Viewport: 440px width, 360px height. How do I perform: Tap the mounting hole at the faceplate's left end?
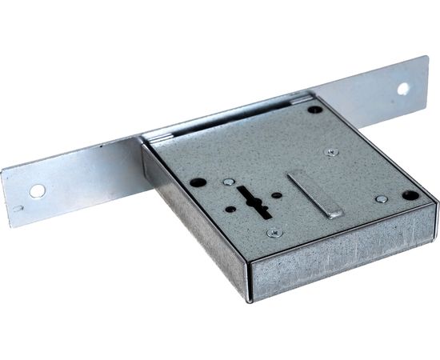coord(38,190)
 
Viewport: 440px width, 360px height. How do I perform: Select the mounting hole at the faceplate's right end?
coord(402,88)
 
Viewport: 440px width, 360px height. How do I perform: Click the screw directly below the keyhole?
coord(274,232)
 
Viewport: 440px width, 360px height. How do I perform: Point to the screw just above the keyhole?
coord(230,182)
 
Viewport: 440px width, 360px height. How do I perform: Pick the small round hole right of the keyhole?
coord(276,194)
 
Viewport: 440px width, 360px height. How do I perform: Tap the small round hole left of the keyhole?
coord(230,209)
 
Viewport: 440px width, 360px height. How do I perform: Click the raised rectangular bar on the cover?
coord(314,193)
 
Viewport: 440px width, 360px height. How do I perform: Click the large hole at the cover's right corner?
coord(410,194)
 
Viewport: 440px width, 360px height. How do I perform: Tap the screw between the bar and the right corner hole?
coord(381,198)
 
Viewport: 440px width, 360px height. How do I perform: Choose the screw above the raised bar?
coord(331,151)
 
